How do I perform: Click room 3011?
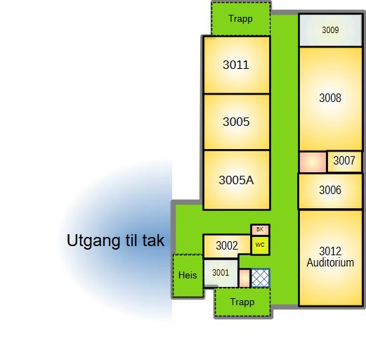tap(237, 65)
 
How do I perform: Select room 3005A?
tap(237, 180)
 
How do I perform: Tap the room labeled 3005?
tap(237, 122)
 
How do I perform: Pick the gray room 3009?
tap(330, 30)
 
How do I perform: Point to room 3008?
tap(330, 98)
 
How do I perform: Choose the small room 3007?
tap(344, 161)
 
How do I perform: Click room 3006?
tap(330, 191)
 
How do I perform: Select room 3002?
tap(227, 246)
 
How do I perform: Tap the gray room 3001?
tap(221, 273)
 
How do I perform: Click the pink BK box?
tap(260, 230)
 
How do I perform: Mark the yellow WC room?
tap(260, 245)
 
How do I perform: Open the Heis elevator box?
tap(188, 276)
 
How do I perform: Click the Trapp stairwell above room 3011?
tap(241, 19)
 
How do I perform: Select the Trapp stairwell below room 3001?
tap(242, 302)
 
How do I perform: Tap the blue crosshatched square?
tap(261, 278)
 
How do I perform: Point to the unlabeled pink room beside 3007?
tap(313, 162)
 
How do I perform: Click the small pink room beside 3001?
tap(244, 278)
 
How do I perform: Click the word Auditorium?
tap(330, 263)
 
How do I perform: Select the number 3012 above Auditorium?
tap(330, 251)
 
